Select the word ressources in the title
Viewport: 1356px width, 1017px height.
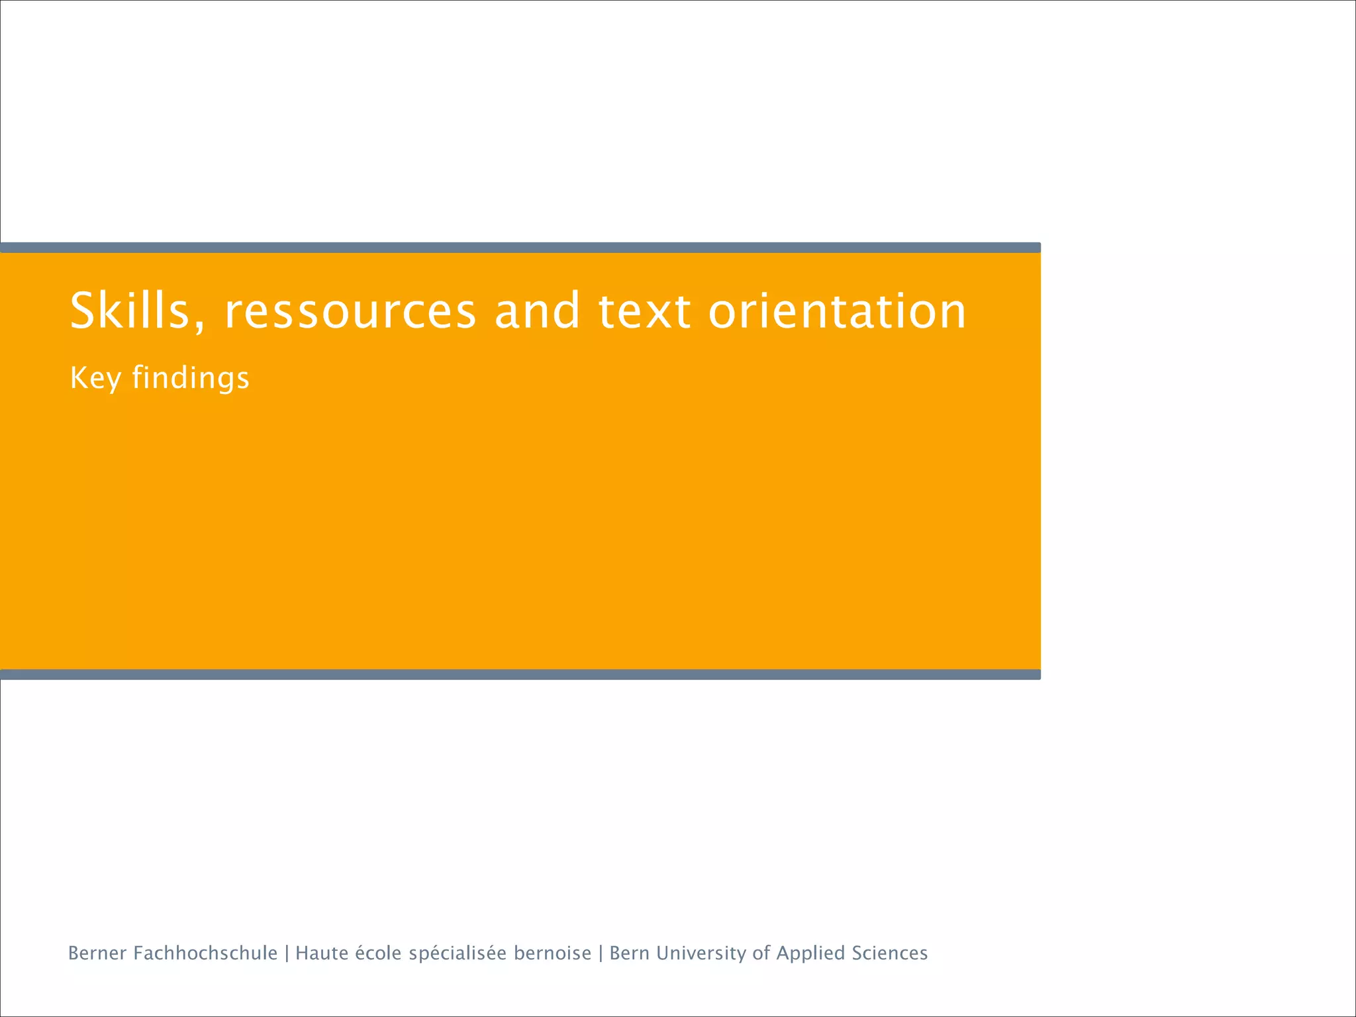pos(350,311)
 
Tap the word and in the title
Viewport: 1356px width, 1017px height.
pos(537,311)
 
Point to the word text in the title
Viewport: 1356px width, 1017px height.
pos(645,311)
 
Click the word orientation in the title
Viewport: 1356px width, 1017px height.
pos(838,311)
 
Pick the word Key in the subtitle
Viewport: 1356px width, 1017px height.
pos(95,378)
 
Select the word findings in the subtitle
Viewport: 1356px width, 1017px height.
pos(191,378)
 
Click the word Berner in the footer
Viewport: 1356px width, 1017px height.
pos(97,953)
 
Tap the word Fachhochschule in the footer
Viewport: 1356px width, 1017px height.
pos(205,953)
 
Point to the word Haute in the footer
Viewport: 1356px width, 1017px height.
pos(321,953)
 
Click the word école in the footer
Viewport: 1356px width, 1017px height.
pos(379,953)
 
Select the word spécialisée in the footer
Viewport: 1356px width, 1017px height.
pos(458,953)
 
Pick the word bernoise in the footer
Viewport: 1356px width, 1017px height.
pos(553,953)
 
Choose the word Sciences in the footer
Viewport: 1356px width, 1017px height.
pos(890,953)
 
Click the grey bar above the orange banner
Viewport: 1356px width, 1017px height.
pos(520,248)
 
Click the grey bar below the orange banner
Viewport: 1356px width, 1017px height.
pos(520,675)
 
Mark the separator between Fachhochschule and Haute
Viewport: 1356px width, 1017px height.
pos(287,953)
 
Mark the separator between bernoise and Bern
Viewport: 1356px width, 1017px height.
pos(601,953)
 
